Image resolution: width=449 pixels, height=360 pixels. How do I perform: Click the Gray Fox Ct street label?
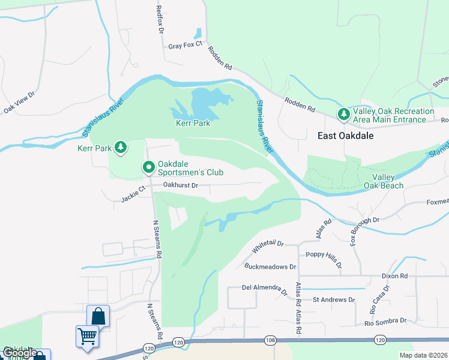[x=187, y=46]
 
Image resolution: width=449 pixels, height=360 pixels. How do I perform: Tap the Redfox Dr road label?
[x=159, y=19]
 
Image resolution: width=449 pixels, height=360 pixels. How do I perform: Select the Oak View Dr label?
[x=20, y=101]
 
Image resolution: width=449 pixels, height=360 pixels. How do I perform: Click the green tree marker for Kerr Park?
[x=121, y=148]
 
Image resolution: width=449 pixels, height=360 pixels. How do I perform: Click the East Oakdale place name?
[x=345, y=136]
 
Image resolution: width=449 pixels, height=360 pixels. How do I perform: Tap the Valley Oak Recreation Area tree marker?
[x=343, y=114]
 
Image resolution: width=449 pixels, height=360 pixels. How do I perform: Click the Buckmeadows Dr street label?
[x=271, y=266]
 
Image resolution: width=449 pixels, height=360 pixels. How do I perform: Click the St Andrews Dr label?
[x=334, y=299]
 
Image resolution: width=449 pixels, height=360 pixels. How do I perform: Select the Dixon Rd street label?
[x=394, y=276]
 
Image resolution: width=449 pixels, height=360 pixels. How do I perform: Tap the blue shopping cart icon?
[x=87, y=336]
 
